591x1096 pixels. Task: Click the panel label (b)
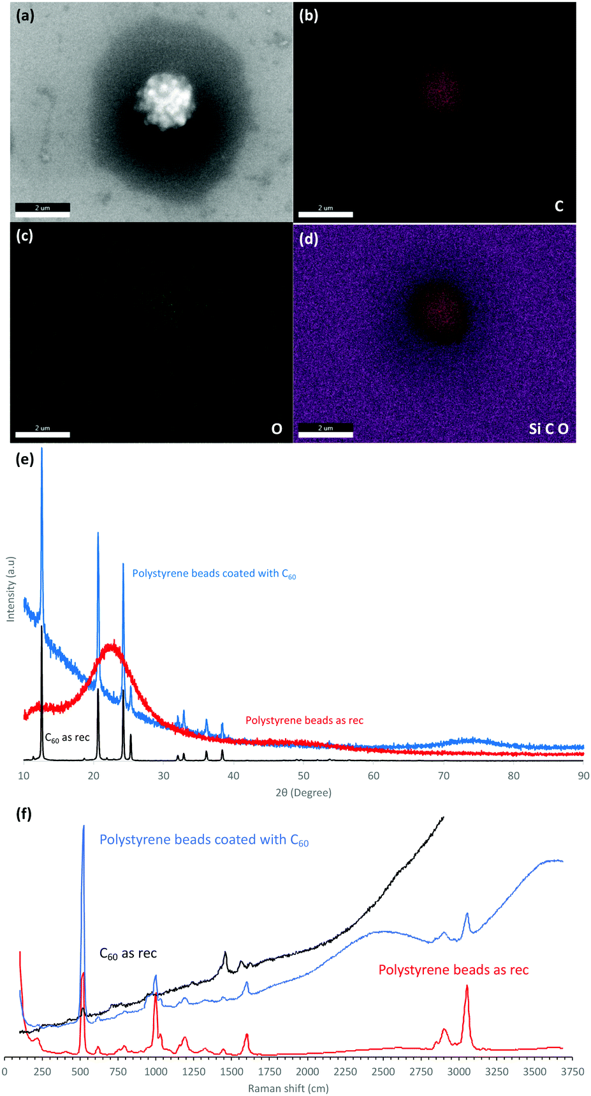309,16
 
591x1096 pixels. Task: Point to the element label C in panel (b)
559,206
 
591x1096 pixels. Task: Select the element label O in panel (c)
277,429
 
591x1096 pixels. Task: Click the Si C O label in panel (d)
548,429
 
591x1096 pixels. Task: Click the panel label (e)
24,459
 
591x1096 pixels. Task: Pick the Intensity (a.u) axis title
10,589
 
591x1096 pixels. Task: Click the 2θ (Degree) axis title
303,793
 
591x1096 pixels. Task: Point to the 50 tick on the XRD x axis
303,776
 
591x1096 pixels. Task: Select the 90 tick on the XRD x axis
583,776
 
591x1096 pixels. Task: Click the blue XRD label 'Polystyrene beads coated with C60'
214,574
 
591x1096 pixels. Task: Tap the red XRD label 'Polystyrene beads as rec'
304,720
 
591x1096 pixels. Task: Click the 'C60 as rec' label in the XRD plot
67,737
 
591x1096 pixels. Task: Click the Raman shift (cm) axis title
288,1088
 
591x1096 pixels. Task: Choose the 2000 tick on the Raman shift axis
307,1072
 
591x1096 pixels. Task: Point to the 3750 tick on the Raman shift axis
572,1072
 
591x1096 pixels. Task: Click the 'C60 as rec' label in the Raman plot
128,954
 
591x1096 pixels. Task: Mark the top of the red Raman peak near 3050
467,986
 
